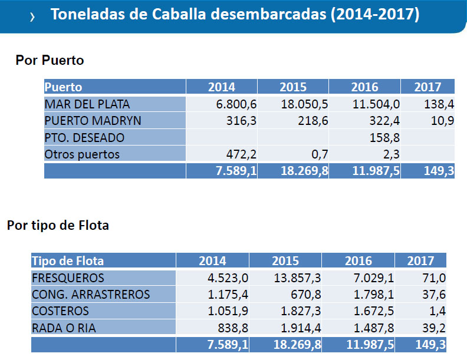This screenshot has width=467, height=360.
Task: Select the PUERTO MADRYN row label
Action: tap(93, 121)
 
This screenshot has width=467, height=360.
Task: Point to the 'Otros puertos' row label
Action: tap(82, 155)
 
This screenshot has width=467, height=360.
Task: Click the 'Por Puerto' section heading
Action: tap(50, 60)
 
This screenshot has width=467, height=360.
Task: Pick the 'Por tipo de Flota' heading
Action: tap(58, 225)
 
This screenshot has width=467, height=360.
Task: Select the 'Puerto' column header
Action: tap(63, 87)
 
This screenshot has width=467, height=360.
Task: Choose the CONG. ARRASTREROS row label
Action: tap(91, 295)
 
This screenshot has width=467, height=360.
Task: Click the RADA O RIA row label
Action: tap(64, 328)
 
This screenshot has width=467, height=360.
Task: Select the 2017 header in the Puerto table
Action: tap(427, 87)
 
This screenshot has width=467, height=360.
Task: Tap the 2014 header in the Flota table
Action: tap(212, 261)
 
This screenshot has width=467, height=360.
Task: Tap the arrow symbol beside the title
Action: tap(32, 17)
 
